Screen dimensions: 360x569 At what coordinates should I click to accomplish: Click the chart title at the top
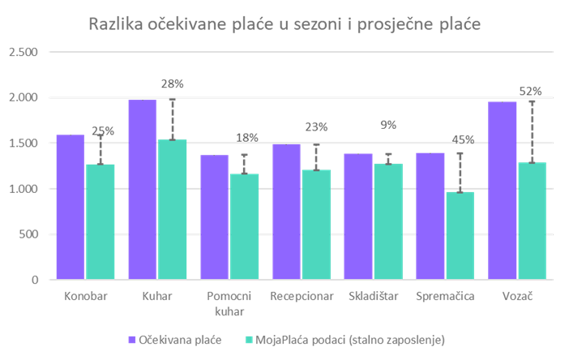tap(284, 24)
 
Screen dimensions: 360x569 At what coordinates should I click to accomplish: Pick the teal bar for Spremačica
tap(460, 236)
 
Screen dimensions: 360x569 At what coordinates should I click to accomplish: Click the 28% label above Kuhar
tap(173, 84)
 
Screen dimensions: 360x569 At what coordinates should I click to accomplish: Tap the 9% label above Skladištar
tap(387, 125)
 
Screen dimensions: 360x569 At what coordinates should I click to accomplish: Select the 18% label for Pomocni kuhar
tap(244, 139)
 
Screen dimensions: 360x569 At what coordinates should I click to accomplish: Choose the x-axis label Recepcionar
tap(302, 296)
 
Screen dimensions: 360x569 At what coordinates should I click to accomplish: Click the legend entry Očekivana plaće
tap(179, 338)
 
